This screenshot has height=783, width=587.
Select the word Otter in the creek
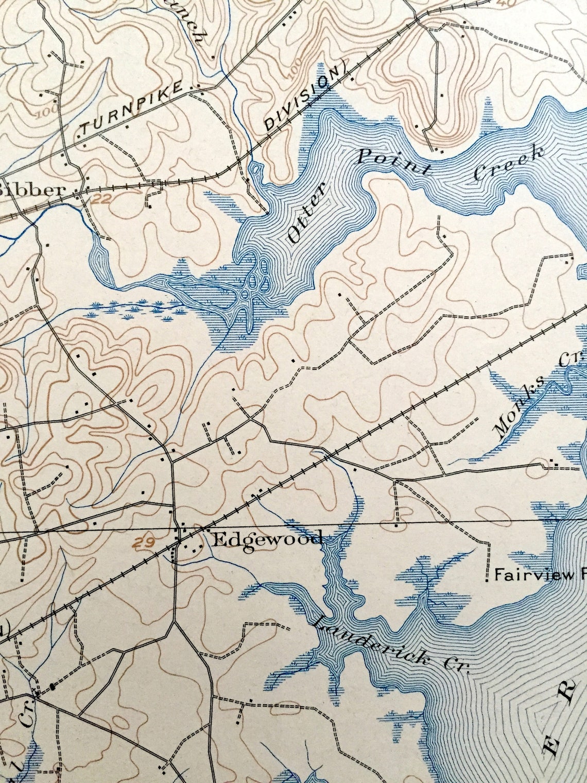tap(307, 215)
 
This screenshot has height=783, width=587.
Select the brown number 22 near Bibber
tap(102, 199)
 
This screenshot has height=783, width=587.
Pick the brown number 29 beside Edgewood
tap(147, 542)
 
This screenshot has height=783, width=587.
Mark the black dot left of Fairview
tap(488, 581)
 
